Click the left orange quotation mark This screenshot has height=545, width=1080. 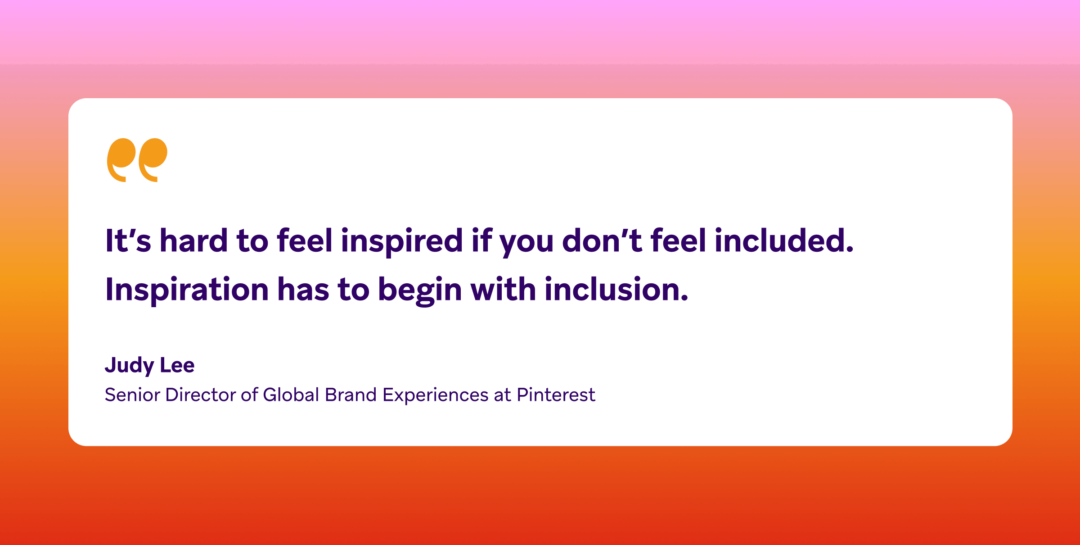coord(121,158)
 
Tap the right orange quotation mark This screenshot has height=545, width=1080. coord(153,158)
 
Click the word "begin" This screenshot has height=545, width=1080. coord(420,291)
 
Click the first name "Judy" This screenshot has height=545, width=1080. coord(129,366)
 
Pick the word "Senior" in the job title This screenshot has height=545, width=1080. coord(132,395)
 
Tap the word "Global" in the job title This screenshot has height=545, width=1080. coord(291,395)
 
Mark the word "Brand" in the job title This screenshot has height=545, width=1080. coord(351,395)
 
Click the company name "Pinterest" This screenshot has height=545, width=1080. coord(556,395)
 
